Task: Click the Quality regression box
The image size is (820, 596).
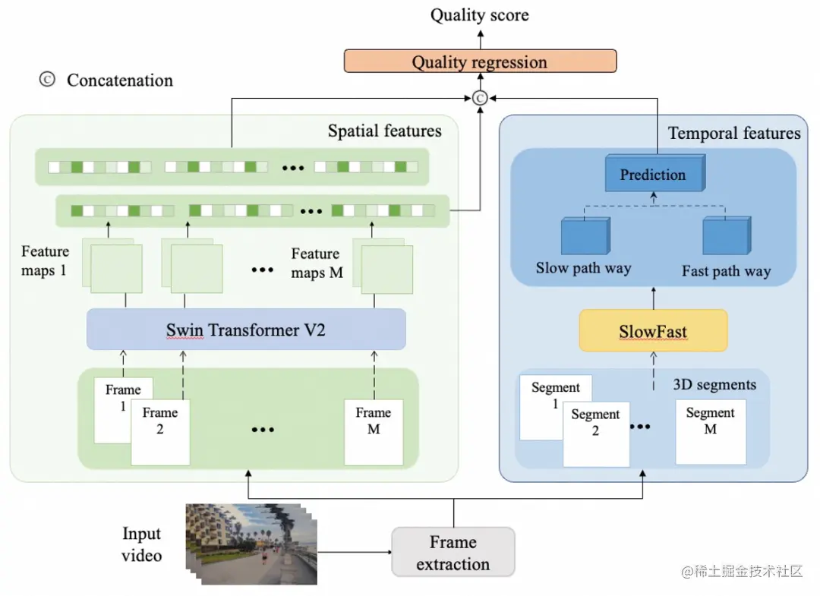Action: point(480,61)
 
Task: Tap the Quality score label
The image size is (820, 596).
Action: point(480,15)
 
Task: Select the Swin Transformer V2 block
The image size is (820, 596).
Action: point(246,330)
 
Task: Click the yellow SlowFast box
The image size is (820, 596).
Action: point(653,331)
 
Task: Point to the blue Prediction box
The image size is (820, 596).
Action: point(654,173)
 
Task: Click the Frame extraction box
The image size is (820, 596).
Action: point(453,553)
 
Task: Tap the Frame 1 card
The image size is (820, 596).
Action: point(124,411)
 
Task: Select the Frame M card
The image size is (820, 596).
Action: point(374,432)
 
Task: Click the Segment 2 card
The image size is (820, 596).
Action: point(596,434)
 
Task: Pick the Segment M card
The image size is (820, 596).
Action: point(711,432)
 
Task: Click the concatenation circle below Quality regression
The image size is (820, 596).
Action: point(480,98)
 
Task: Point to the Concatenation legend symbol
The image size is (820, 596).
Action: point(47,80)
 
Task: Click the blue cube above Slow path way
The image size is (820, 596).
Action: point(585,236)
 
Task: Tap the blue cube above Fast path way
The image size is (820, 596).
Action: point(727,236)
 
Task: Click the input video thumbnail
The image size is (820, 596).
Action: point(251,544)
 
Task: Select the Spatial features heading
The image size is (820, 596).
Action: point(384,131)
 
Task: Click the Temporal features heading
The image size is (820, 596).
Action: point(734,134)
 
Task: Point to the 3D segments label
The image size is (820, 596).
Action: point(714,385)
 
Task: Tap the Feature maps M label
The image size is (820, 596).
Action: point(317,263)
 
